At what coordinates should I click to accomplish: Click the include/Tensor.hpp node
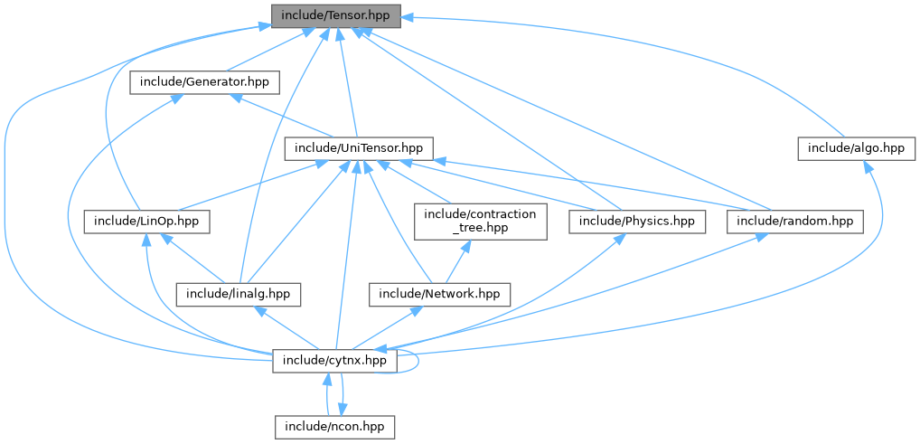click(x=334, y=15)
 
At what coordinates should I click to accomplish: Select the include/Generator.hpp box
click(x=204, y=81)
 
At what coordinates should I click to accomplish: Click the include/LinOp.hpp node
click(x=147, y=221)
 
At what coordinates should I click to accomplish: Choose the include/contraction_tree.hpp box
click(x=481, y=221)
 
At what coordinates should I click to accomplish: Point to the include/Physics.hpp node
click(x=636, y=221)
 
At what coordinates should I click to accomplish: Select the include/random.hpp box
click(x=794, y=221)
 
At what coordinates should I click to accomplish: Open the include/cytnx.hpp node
click(x=334, y=360)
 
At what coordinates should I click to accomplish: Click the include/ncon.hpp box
click(x=334, y=426)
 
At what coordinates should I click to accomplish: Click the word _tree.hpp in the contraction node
click(x=481, y=228)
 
